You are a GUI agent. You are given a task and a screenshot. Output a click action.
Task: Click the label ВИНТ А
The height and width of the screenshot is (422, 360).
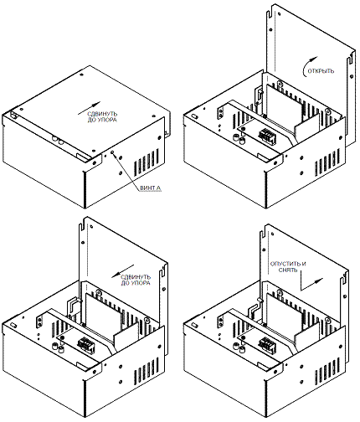[x=151, y=188]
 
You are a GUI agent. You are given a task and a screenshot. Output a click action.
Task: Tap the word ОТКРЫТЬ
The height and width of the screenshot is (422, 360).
[x=321, y=71]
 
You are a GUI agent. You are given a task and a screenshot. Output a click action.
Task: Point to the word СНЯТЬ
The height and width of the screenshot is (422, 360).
[x=288, y=270]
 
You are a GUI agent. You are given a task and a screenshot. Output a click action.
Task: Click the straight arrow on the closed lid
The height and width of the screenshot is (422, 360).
[x=89, y=108]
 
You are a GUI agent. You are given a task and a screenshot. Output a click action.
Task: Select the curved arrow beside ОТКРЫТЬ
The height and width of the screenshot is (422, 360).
[x=309, y=65]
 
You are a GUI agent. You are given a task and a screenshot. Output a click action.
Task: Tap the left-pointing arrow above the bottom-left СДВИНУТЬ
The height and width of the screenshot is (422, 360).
[x=123, y=271]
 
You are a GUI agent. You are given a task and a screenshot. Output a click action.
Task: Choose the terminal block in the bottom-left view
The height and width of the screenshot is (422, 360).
[x=85, y=345]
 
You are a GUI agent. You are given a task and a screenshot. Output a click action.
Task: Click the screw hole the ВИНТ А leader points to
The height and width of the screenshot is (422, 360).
[x=113, y=152]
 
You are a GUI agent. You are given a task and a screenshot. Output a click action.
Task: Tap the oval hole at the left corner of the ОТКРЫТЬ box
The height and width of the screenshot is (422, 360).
[x=195, y=116]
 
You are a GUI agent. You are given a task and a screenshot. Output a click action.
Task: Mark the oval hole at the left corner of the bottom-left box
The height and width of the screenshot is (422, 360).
[x=13, y=325]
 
